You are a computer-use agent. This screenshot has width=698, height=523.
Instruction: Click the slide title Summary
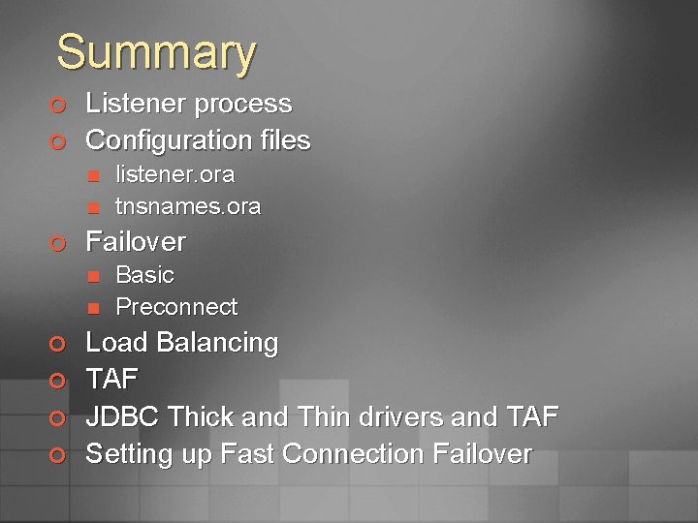click(156, 52)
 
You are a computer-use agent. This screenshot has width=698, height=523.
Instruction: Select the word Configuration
click(169, 140)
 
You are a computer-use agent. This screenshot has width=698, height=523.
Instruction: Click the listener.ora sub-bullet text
click(174, 174)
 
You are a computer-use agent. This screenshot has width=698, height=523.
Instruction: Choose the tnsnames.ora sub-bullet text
click(188, 206)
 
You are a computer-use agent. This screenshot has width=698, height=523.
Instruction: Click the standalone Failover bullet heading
click(136, 240)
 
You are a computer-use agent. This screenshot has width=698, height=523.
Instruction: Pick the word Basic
click(144, 275)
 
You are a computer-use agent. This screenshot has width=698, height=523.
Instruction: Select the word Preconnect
click(176, 307)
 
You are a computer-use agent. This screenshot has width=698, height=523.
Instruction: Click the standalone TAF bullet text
click(112, 380)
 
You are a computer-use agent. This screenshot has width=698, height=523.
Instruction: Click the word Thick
click(200, 417)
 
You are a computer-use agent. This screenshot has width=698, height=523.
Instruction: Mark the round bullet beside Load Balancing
click(59, 344)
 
